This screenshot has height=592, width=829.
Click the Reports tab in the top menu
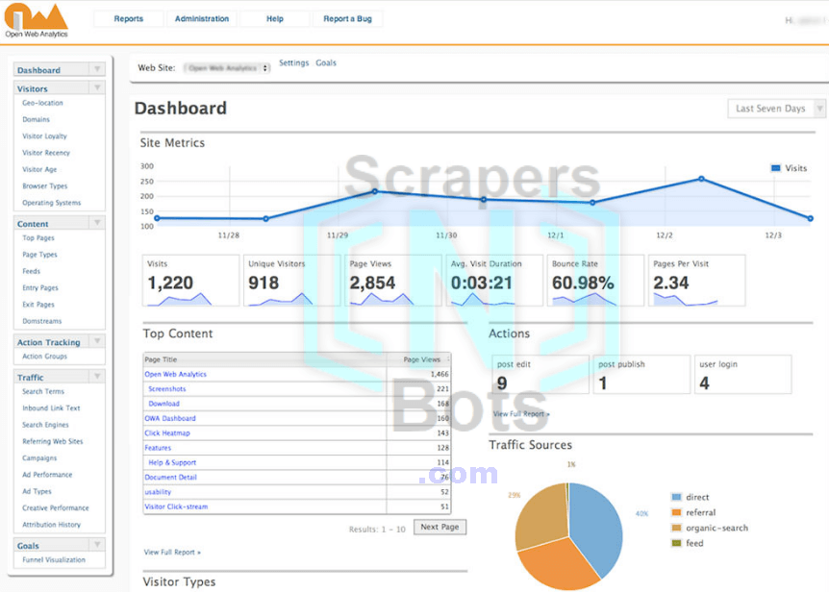[x=128, y=19]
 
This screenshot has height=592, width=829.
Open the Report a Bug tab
[x=348, y=19]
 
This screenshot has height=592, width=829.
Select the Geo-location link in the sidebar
[x=43, y=103]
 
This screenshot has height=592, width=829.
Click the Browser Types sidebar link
[x=45, y=186]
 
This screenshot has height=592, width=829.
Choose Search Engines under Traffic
[x=46, y=425]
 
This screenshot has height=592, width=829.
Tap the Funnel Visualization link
[x=54, y=559]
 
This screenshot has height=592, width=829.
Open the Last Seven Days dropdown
[x=776, y=109]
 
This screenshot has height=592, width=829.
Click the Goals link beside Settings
[x=326, y=63]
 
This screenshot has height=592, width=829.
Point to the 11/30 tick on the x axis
[x=446, y=234]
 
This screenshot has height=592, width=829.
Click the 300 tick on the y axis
[x=146, y=166]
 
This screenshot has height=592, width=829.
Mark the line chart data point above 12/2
[x=701, y=179]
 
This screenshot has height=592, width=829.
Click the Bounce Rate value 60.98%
[x=583, y=284]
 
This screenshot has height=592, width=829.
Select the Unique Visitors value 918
[x=264, y=284]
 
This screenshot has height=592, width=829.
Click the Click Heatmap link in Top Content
[x=167, y=433]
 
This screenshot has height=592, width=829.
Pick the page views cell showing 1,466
[x=439, y=374]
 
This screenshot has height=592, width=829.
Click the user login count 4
[x=704, y=383]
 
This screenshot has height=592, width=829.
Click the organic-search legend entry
[x=716, y=528]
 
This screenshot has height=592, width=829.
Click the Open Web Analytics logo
[x=36, y=20]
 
